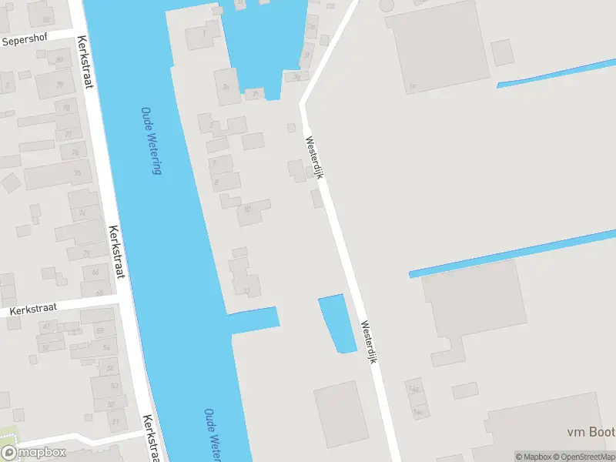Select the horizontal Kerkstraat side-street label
[x=34, y=309]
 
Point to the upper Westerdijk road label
[x=314, y=159]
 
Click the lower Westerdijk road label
[x=369, y=343]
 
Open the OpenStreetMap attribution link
[x=586, y=457]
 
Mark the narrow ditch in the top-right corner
[x=554, y=73]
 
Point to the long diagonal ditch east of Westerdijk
[x=512, y=253]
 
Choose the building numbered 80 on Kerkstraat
[x=59, y=58]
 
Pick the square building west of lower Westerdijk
[x=341, y=414]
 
